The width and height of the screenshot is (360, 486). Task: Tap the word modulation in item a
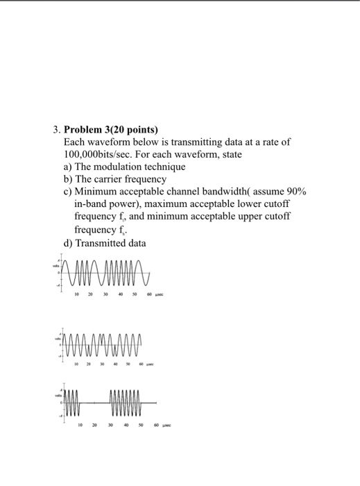click(131, 167)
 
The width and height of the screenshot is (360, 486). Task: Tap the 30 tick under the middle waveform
click(101, 363)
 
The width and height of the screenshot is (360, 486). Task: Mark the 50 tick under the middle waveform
click(128, 363)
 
